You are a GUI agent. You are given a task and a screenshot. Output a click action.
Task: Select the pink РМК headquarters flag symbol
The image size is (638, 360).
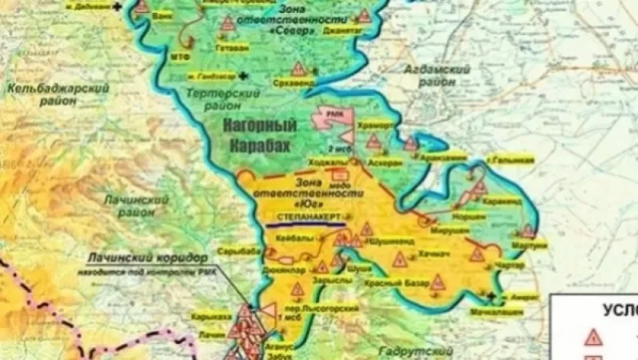point(331,118)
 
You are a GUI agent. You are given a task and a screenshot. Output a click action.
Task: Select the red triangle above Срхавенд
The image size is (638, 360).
point(298,68)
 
